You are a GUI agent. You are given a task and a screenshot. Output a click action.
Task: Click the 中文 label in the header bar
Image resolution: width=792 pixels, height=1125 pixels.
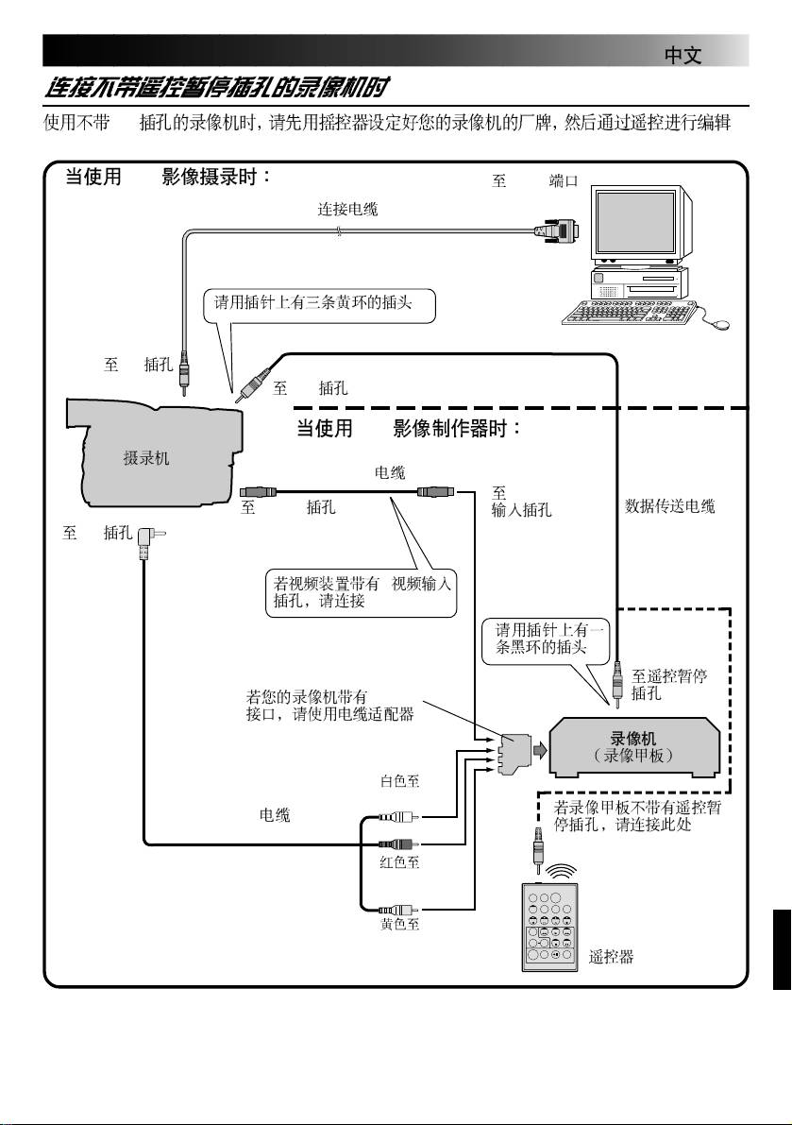[x=682, y=56]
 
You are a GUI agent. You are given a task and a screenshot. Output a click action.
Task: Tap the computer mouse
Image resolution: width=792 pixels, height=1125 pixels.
[x=722, y=324]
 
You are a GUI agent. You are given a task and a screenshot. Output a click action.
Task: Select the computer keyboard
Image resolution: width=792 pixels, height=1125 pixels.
[x=628, y=314]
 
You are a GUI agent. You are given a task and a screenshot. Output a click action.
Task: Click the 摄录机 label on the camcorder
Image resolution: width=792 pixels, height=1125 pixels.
[x=147, y=458]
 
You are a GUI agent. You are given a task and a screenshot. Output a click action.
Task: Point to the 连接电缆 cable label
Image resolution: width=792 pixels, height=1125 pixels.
[x=347, y=209]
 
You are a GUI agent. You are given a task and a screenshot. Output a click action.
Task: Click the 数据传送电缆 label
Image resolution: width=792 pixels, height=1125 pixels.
[x=670, y=507]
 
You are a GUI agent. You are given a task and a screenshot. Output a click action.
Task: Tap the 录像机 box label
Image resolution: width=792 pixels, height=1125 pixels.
[x=634, y=739]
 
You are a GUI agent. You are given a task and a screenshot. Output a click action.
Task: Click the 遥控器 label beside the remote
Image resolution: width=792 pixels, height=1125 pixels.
[x=611, y=957]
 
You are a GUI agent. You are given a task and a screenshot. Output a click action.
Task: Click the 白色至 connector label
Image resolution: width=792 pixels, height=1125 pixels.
[x=399, y=781]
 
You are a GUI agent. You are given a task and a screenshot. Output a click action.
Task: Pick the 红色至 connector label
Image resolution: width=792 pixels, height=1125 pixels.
[x=399, y=861]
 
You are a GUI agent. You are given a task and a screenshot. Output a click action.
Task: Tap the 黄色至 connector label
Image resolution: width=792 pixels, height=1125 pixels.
[x=399, y=924]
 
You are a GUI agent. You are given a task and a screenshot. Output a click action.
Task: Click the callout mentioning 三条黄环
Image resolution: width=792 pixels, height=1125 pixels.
[x=320, y=303]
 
